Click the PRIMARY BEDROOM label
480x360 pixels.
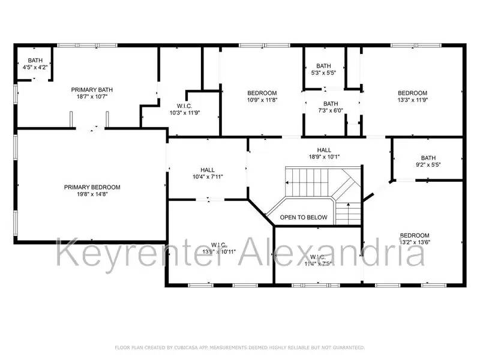point(92,187)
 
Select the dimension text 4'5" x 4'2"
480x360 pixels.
point(35,67)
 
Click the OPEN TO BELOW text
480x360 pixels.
point(304,217)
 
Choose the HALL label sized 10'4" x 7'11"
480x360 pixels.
point(208,170)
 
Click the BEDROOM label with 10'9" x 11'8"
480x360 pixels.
point(262,93)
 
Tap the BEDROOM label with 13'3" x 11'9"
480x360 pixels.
point(413,93)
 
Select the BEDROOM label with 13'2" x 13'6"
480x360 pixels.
point(415,235)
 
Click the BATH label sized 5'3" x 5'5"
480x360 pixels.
point(323,66)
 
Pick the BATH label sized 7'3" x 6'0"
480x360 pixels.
point(331,104)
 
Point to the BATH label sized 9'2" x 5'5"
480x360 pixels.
point(428,158)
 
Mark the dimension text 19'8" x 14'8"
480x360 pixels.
point(92,194)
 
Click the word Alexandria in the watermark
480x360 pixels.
point(332,252)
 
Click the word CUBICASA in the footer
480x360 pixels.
point(188,347)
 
